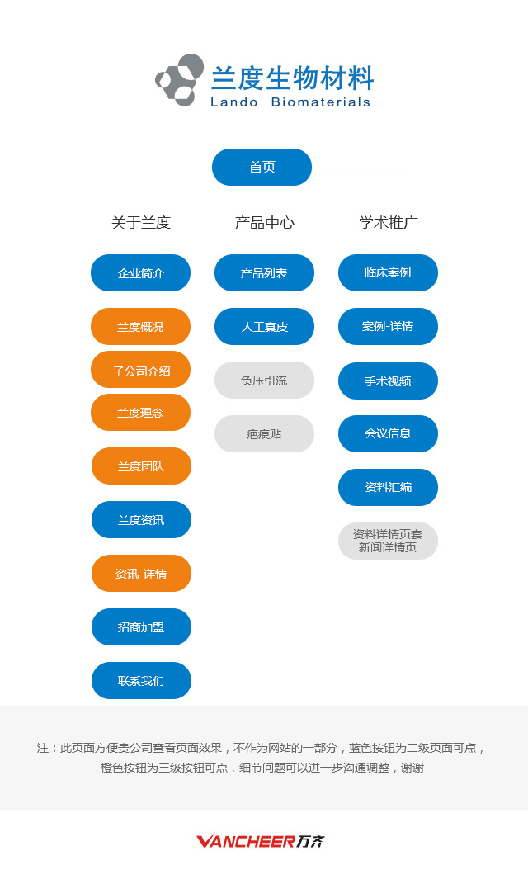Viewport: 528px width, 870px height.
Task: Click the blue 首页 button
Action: tap(262, 167)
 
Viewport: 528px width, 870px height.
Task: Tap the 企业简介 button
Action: tap(141, 273)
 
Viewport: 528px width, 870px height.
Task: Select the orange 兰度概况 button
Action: tap(141, 327)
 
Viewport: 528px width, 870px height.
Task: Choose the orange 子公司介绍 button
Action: tap(141, 370)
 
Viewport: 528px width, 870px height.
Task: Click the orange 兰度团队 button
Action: tap(141, 466)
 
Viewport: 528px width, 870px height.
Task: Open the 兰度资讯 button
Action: tap(141, 520)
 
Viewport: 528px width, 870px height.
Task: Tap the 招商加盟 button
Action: tap(141, 627)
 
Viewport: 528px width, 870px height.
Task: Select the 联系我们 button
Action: tap(141, 681)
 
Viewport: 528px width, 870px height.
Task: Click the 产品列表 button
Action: tap(265, 273)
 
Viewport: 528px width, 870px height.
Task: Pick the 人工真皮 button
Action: tap(265, 327)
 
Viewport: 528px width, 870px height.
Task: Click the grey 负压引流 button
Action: tap(265, 381)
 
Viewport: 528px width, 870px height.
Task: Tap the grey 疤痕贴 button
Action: tap(265, 434)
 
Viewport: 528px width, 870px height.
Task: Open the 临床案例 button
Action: tap(389, 273)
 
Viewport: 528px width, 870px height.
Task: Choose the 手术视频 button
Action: tap(389, 381)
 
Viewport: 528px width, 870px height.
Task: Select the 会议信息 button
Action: tap(389, 434)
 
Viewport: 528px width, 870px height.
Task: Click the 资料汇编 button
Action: tap(389, 488)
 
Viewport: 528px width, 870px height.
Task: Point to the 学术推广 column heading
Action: tap(389, 223)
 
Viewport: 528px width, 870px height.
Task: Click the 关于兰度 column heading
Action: tap(141, 223)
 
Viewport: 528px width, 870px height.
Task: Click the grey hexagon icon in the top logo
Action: tap(180, 80)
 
